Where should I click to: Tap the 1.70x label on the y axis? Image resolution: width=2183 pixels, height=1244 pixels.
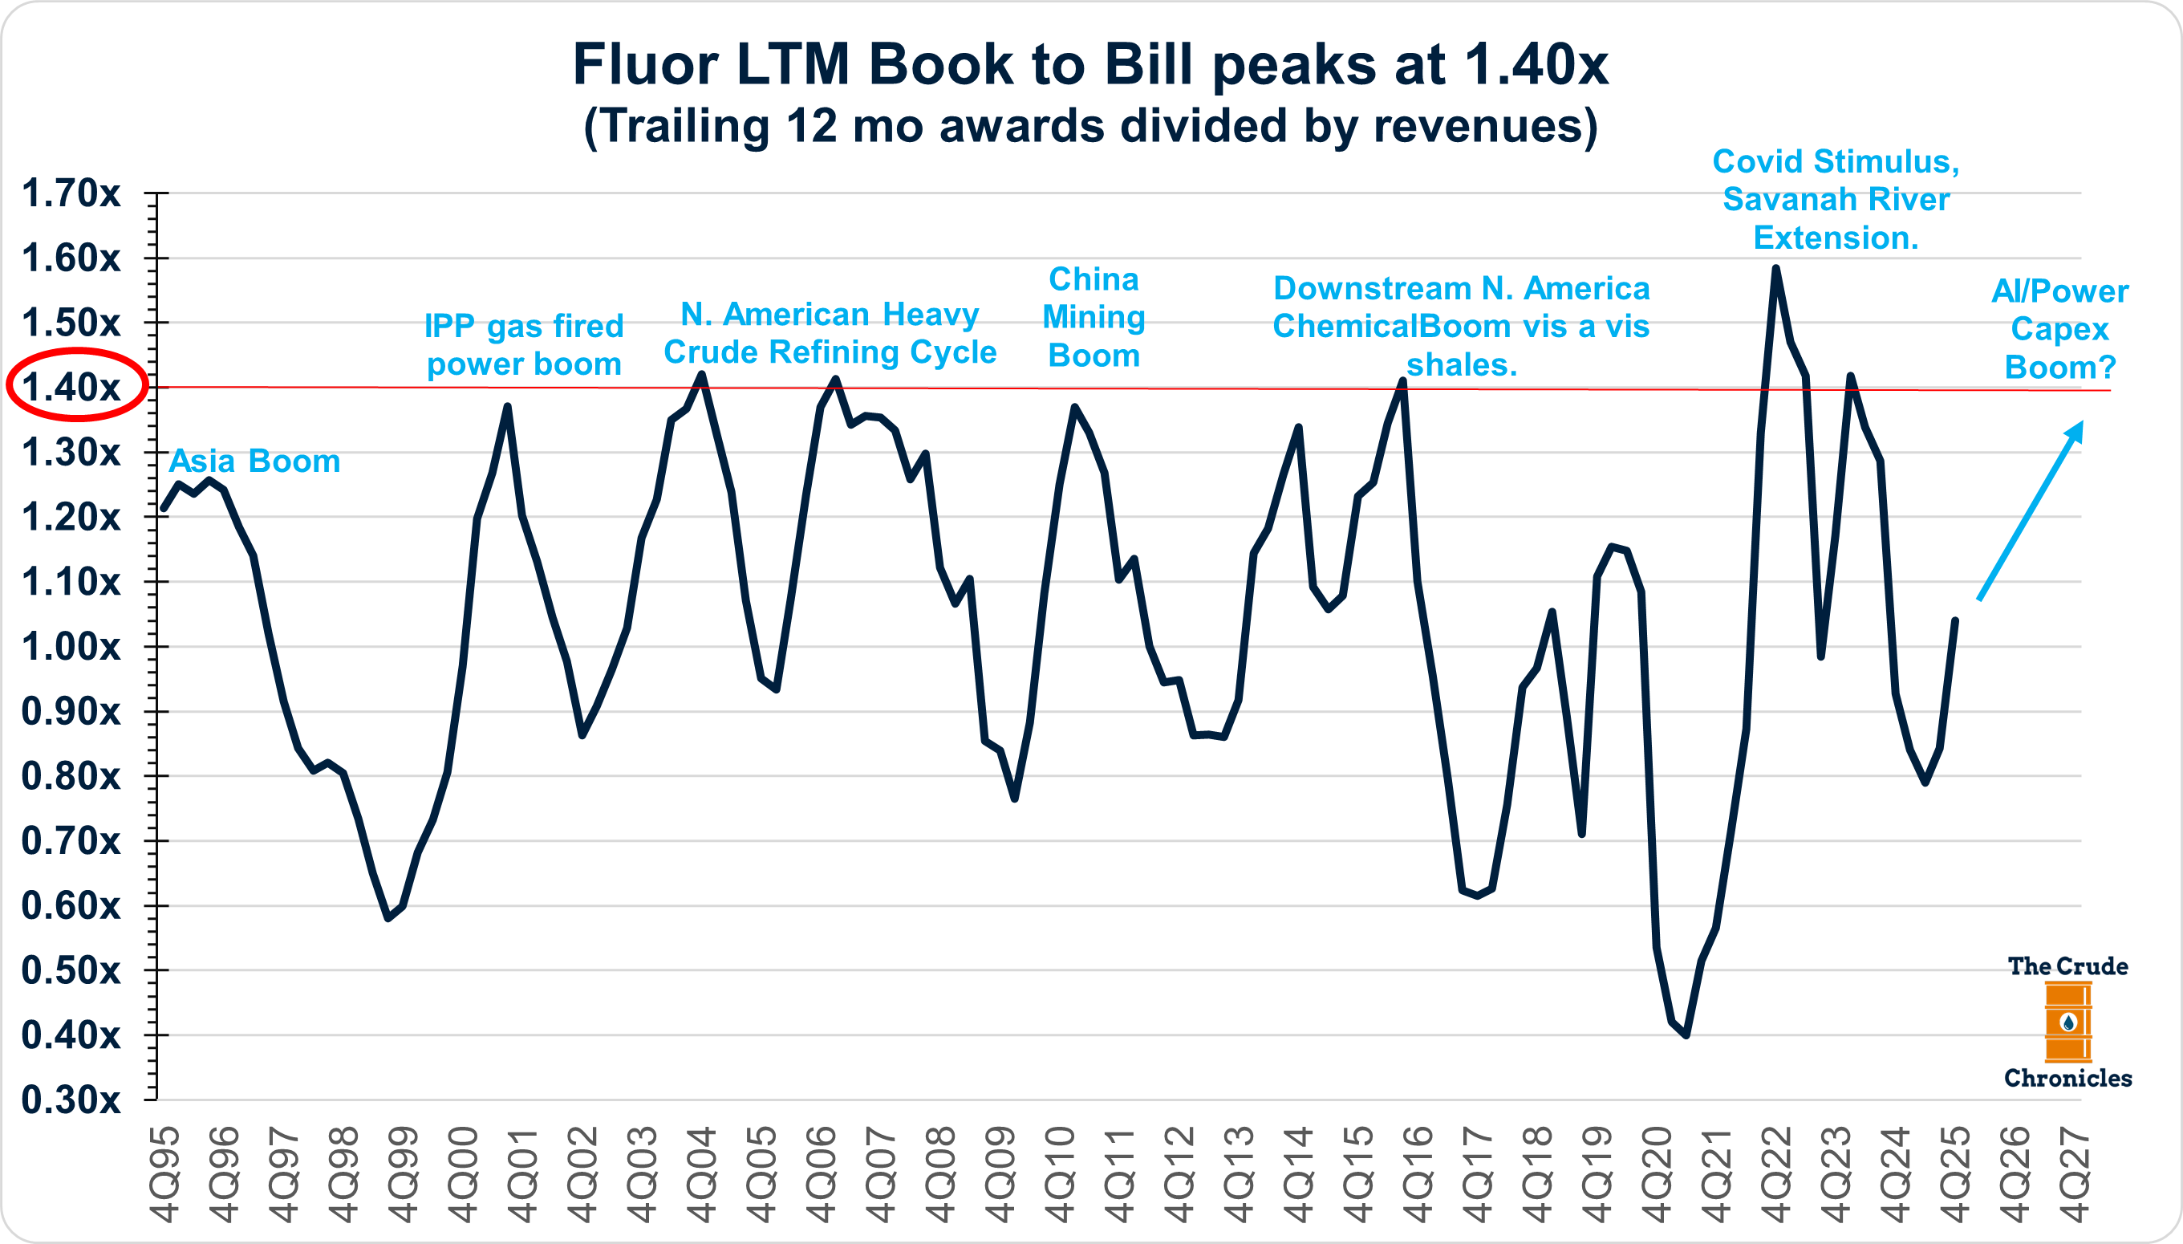click(x=71, y=193)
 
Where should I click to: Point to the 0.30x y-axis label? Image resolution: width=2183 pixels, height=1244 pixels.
click(x=71, y=1100)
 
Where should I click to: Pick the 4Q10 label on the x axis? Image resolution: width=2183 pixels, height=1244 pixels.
click(x=1059, y=1176)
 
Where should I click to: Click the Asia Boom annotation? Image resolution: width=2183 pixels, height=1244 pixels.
click(x=254, y=461)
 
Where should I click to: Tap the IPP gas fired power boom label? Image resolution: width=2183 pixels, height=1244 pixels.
click(x=525, y=345)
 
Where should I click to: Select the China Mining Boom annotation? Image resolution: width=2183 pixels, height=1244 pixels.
click(x=1094, y=317)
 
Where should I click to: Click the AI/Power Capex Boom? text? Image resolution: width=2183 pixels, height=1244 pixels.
click(x=2060, y=329)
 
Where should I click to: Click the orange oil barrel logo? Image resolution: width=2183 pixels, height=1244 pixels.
click(x=2067, y=1021)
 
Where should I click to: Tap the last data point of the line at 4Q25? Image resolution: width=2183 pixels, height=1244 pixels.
click(x=1955, y=620)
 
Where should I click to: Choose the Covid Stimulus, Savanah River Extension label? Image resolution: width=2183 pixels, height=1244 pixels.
click(x=1836, y=200)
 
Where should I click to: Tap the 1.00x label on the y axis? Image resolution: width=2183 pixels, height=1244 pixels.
click(x=71, y=647)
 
